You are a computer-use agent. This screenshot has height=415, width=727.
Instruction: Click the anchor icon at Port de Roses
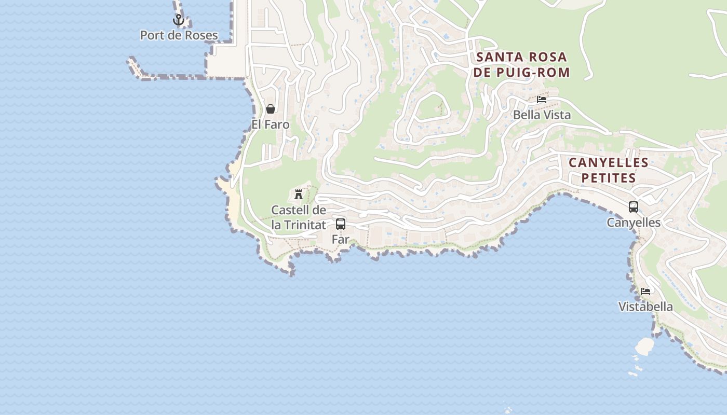click(179, 20)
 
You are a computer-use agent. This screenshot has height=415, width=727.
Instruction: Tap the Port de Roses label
click(179, 35)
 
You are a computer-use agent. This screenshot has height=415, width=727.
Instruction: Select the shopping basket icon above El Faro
click(271, 109)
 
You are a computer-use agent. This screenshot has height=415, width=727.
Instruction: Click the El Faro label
click(271, 125)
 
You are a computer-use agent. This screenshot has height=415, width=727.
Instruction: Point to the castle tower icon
click(299, 195)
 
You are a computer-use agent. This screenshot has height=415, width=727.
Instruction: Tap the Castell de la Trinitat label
click(299, 217)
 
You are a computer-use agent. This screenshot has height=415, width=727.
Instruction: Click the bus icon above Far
click(341, 224)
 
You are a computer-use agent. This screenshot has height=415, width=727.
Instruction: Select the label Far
click(341, 239)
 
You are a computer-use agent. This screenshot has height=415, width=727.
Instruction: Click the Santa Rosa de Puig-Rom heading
click(521, 64)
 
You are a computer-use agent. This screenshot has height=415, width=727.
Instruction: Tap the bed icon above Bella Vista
click(542, 100)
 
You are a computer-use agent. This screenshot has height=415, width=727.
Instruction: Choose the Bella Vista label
click(542, 115)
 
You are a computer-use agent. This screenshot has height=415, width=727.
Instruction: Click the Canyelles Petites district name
click(609, 170)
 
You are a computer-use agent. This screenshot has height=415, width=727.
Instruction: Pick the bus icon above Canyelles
click(634, 207)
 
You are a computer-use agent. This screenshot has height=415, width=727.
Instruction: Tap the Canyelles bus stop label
click(634, 223)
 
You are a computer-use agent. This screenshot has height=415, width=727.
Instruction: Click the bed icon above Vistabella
click(645, 292)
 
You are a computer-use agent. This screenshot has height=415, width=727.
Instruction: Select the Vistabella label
click(645, 307)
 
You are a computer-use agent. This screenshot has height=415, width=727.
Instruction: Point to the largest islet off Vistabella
click(645, 347)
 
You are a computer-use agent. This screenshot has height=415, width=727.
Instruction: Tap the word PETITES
click(609, 178)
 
